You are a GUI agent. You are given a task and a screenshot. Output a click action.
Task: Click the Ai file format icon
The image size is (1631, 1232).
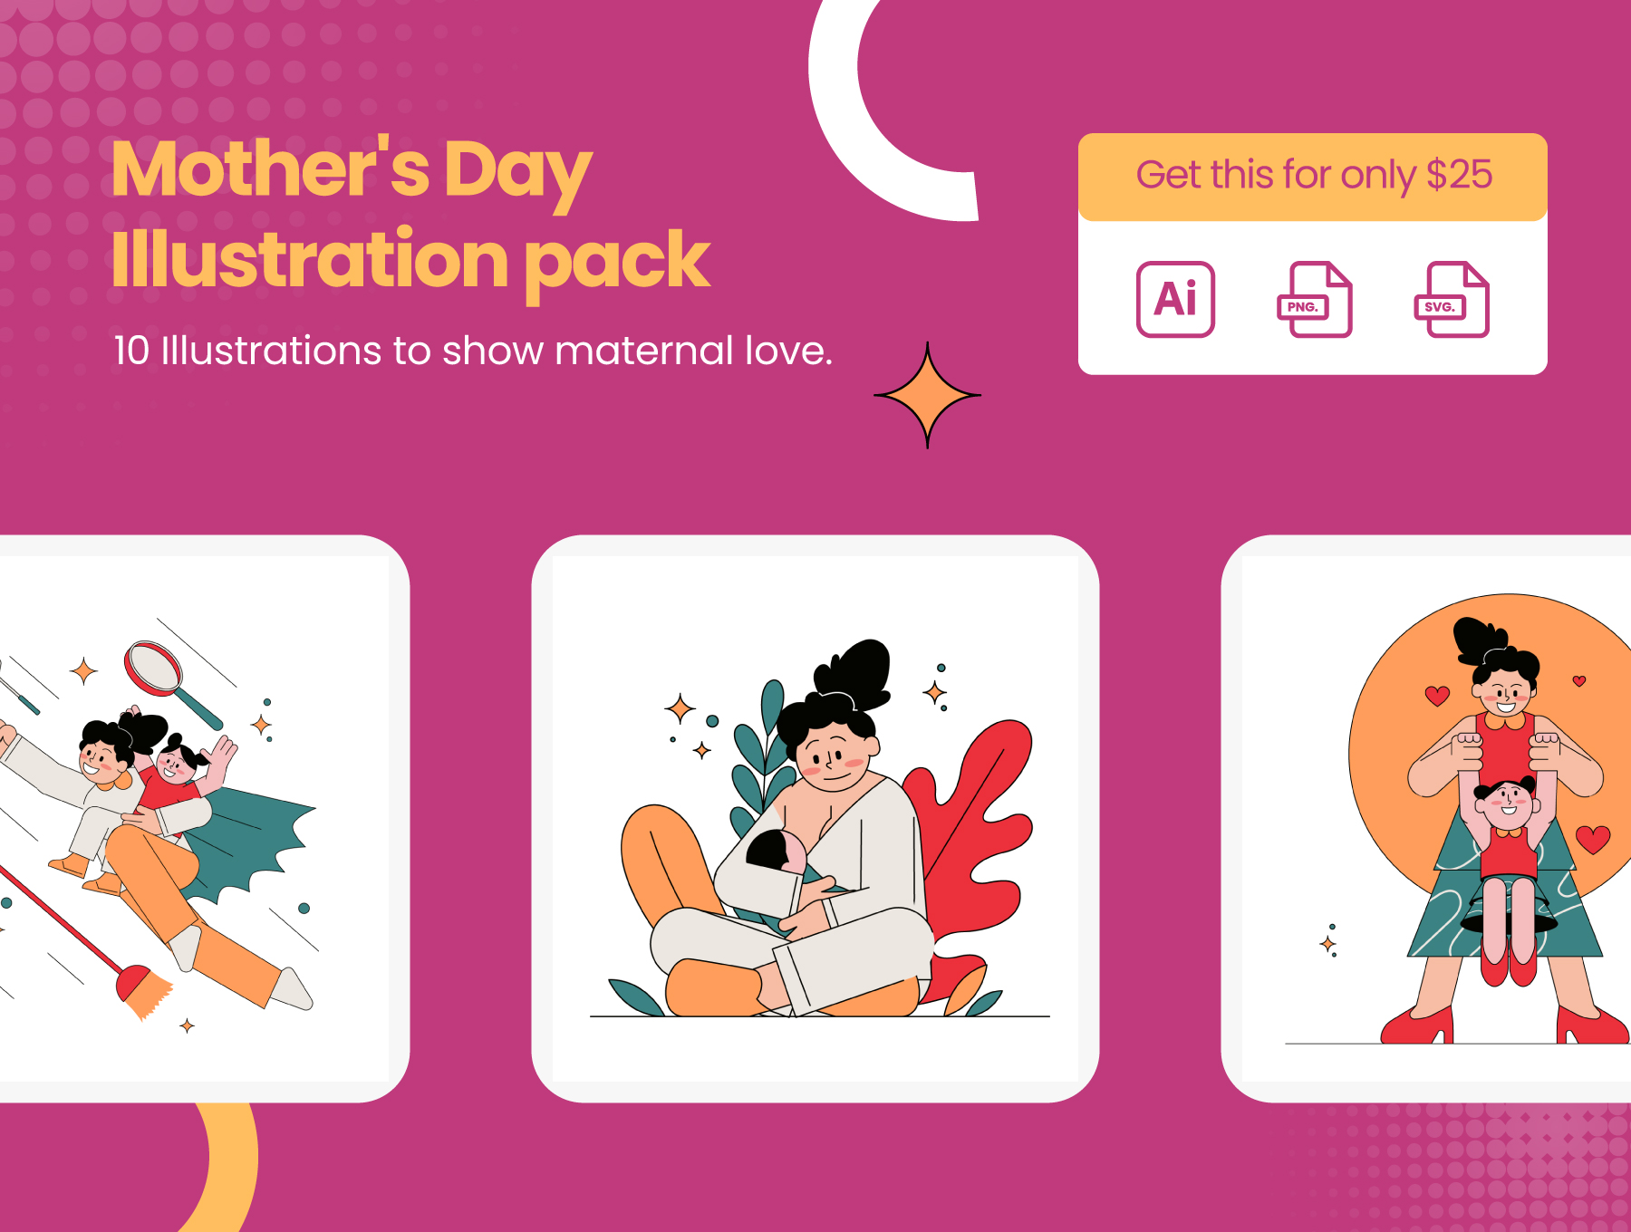tap(1175, 299)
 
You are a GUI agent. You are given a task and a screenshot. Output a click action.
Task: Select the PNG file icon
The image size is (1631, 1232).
tap(1314, 299)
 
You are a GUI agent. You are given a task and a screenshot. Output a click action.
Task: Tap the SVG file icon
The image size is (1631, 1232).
tap(1452, 299)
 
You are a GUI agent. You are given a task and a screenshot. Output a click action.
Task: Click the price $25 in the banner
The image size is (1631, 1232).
tap(1459, 174)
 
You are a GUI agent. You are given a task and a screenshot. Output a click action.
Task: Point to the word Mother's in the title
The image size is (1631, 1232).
tap(270, 168)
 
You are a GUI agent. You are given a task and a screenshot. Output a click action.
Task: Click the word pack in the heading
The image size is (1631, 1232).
tap(617, 262)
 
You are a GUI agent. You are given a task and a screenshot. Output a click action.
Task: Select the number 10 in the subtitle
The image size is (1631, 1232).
tap(131, 351)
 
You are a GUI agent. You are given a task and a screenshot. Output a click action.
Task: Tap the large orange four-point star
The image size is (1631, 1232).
tap(927, 395)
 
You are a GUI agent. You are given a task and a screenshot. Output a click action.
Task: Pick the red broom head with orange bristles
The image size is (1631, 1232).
tap(143, 990)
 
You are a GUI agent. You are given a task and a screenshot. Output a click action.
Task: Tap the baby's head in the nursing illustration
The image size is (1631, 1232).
tap(776, 850)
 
